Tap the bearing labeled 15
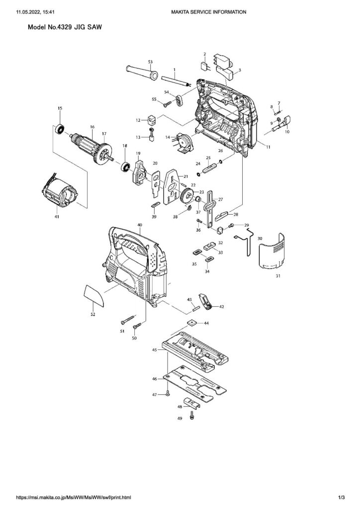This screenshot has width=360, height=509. [61, 128]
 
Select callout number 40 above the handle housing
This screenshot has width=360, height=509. [140, 225]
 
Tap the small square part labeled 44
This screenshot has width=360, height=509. [191, 323]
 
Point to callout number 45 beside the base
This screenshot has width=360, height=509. [155, 350]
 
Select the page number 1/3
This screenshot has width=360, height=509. [342, 497]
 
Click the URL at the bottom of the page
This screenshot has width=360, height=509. [74, 497]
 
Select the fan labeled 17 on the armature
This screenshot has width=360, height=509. [104, 151]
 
